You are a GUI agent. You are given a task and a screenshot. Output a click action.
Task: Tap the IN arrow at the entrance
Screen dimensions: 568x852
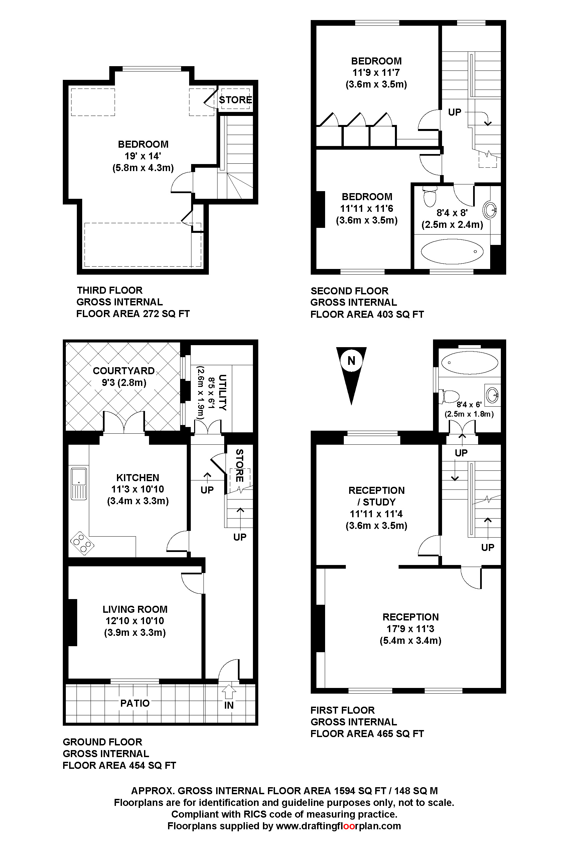pos(229,691)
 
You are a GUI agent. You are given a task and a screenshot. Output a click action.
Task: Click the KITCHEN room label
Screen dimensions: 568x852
pos(138,477)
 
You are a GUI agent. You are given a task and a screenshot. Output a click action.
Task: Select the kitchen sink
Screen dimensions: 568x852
pos(79,483)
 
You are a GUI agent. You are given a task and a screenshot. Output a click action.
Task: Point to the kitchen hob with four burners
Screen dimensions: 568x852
pos(82,543)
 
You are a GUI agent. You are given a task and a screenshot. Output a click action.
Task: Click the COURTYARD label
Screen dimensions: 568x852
pos(124,371)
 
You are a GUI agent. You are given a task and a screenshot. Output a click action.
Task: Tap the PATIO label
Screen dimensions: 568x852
pos(135,703)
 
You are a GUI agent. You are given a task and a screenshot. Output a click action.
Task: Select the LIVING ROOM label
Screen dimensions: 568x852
pos(135,609)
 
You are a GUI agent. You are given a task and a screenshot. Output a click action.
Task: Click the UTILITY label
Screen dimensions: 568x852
pos(223,393)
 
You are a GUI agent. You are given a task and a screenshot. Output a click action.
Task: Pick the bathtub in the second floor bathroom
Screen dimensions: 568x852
pos(452,251)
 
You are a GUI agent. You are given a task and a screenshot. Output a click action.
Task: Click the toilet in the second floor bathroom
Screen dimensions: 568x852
pos(430,196)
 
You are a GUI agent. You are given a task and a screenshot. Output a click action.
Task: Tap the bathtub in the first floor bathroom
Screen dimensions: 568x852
pos(469,363)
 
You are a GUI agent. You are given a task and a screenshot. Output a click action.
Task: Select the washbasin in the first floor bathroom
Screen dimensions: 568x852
pos(492,395)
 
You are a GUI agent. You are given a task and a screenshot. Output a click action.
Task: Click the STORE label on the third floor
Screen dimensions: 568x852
pos(236,100)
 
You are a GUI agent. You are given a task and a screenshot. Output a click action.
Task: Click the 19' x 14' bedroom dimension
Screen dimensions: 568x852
pos(143,156)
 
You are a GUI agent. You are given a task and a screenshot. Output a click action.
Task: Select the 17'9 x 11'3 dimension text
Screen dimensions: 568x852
pos(410,628)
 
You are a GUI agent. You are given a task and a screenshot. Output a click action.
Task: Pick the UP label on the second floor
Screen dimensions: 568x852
pos(455,112)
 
